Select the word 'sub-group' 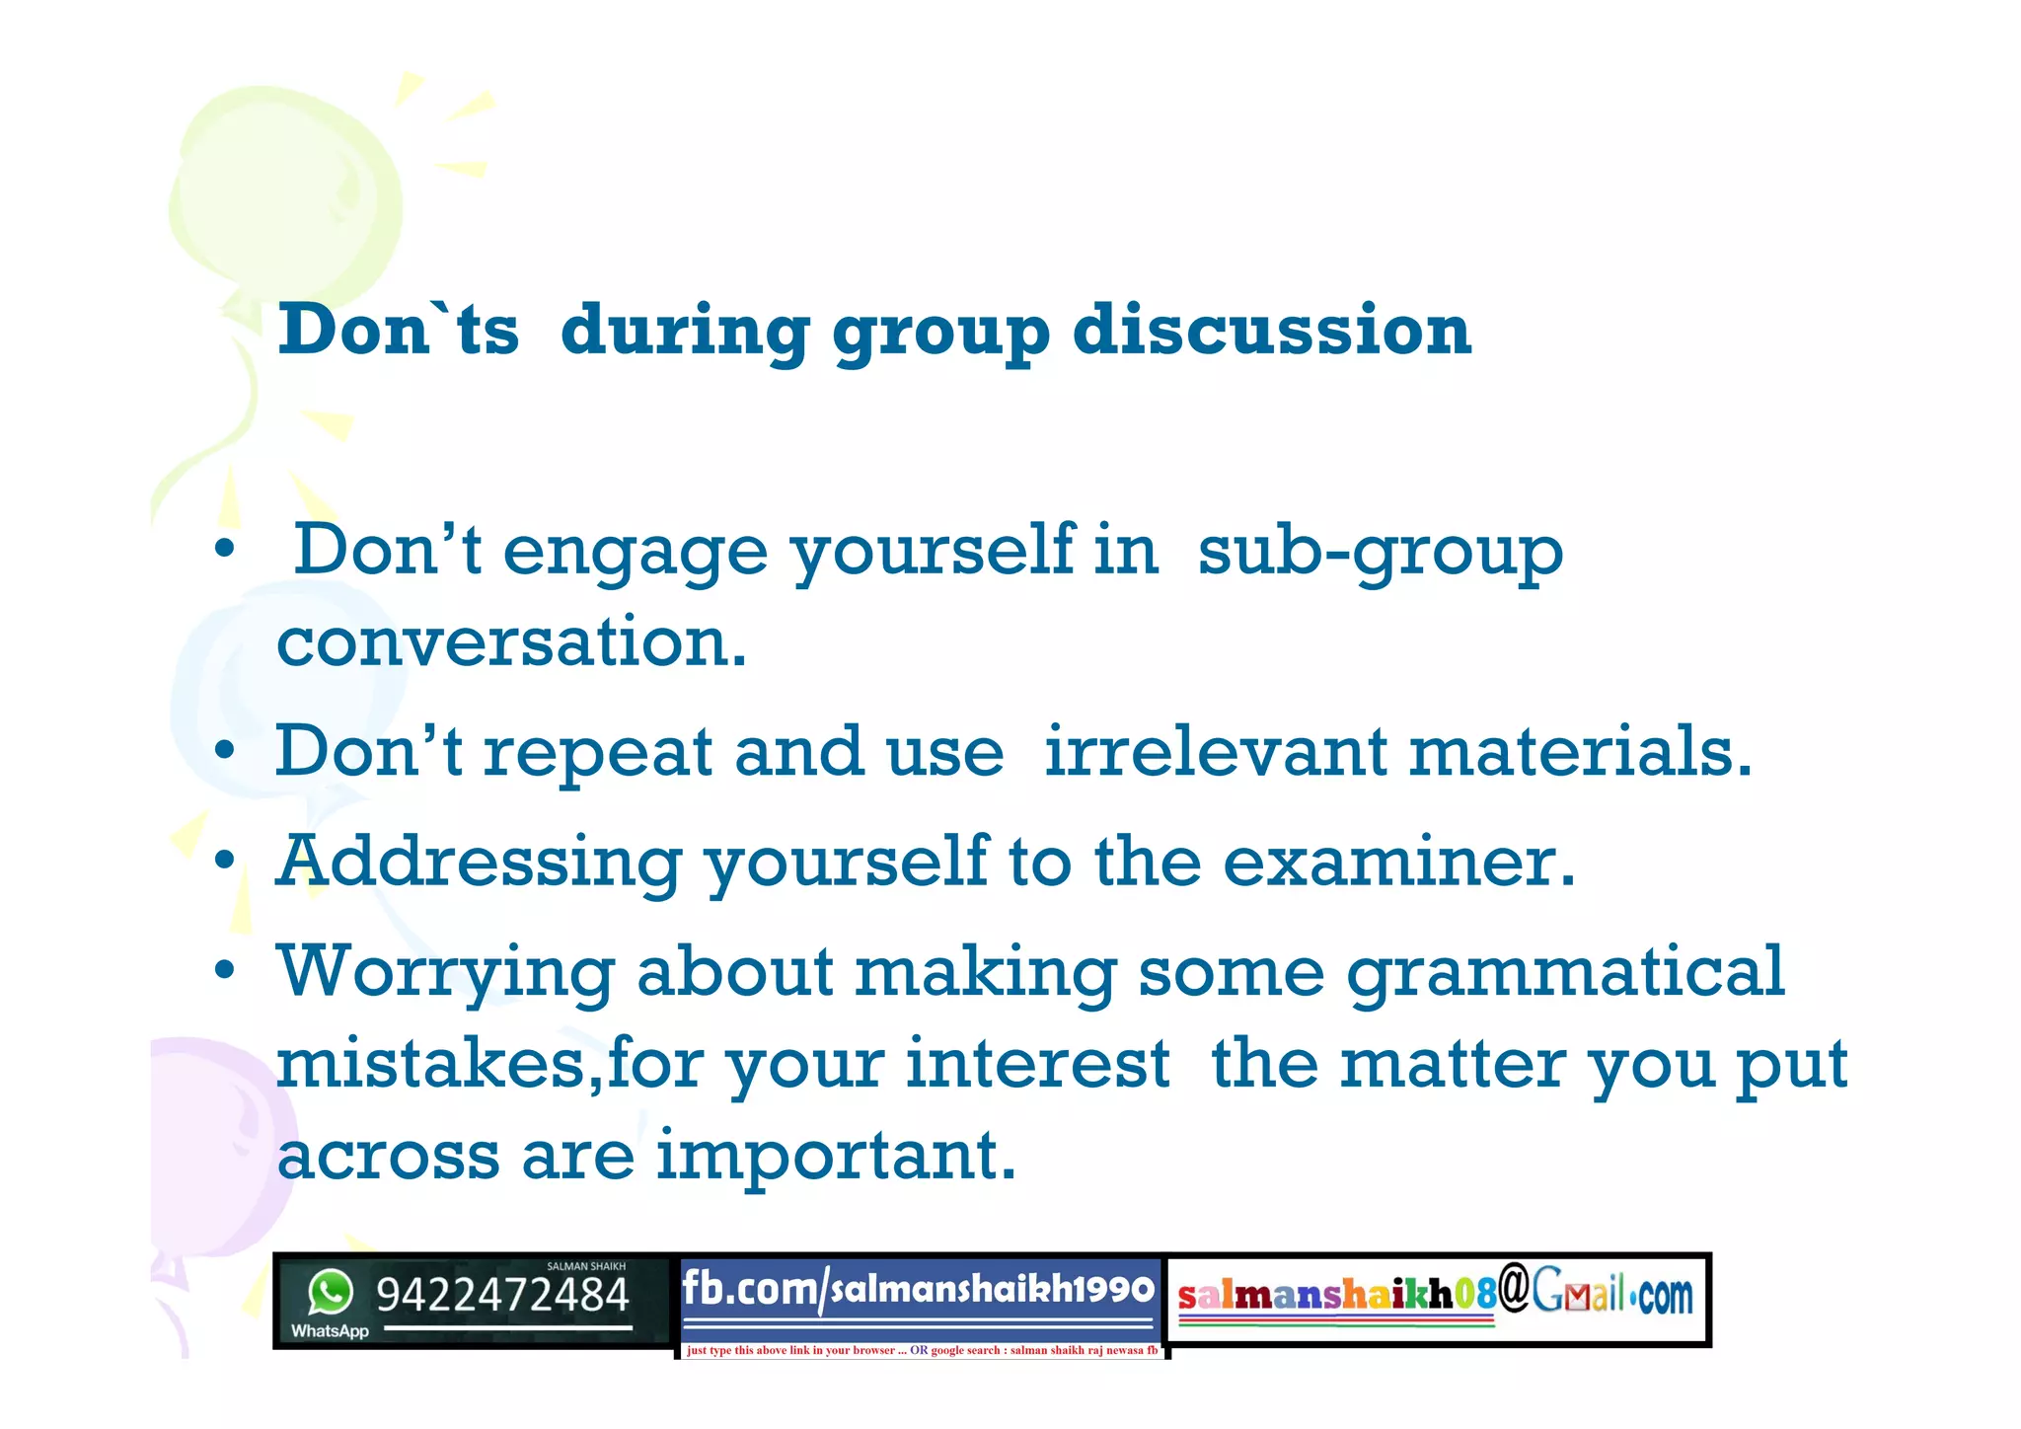[x=1380, y=553]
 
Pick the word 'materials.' [x=1580, y=752]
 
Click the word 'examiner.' [x=1398, y=863]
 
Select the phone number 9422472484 [x=502, y=1295]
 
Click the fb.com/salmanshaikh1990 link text [x=918, y=1289]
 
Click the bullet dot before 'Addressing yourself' [x=226, y=861]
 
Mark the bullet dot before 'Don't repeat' [x=226, y=751]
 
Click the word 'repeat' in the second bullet [x=597, y=754]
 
